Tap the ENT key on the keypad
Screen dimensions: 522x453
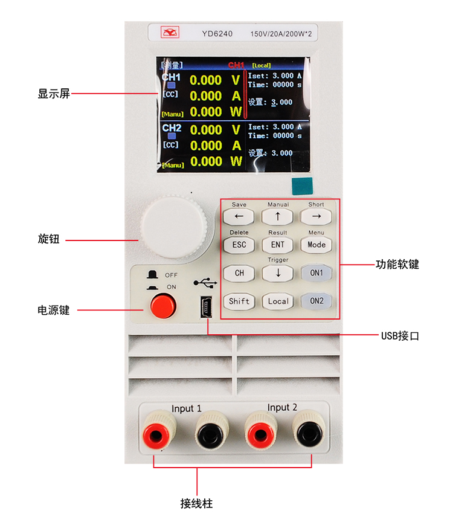coord(277,245)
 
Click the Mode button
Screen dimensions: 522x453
coord(316,245)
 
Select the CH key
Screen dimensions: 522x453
coord(239,273)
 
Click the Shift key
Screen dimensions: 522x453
coord(239,301)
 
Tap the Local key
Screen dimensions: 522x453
coord(278,301)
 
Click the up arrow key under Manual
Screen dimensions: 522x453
coord(277,216)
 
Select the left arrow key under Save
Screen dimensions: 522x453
coord(239,216)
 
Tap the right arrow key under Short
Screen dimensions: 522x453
coord(316,216)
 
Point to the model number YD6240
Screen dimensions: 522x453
coord(218,34)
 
